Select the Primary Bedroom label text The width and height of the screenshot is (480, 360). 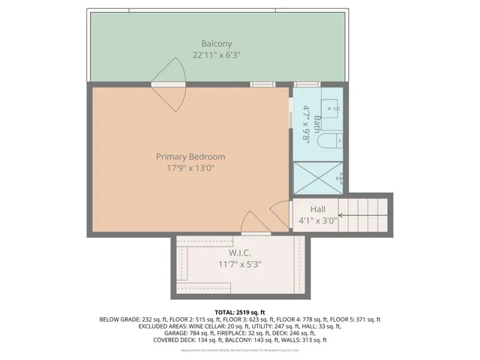pyautogui.click(x=190, y=157)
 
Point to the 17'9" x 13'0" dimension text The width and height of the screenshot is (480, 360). pyautogui.click(x=190, y=169)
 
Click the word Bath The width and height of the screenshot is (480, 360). pyautogui.click(x=317, y=119)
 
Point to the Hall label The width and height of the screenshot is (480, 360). pyautogui.click(x=318, y=209)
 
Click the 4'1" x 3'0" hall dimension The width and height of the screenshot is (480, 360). pyautogui.click(x=318, y=220)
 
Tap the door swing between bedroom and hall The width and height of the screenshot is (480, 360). pyautogui.click(x=280, y=213)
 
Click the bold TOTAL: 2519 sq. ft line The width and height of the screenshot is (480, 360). pyautogui.click(x=239, y=312)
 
